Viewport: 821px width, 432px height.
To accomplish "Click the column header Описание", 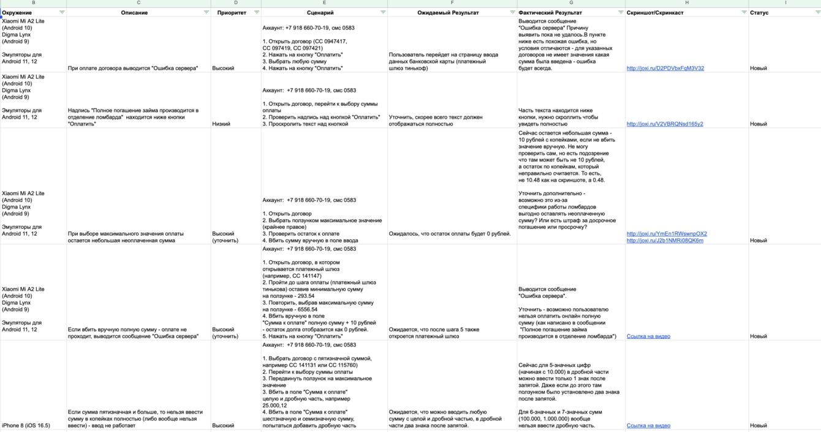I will (134, 12).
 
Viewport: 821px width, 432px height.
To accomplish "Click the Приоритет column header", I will (232, 12).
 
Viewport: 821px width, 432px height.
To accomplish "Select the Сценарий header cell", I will (320, 12).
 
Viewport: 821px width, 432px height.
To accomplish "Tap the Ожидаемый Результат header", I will (448, 12).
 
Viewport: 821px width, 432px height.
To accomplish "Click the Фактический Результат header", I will (550, 12).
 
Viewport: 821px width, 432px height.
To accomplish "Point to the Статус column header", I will (759, 12).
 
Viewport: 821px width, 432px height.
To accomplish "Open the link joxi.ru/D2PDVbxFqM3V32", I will (665, 69).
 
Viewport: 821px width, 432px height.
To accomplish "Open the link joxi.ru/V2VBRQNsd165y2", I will (665, 124).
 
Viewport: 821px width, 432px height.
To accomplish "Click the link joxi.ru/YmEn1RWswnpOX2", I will (667, 234).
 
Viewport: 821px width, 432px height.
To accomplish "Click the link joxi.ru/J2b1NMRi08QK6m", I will (665, 240).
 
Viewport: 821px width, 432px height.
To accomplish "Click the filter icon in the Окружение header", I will (62, 12).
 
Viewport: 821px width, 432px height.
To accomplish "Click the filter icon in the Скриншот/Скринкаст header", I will (744, 12).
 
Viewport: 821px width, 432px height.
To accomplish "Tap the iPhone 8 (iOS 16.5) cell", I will (26, 425).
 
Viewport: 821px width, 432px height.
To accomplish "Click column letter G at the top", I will (571, 3).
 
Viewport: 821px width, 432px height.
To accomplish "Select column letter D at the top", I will (236, 3).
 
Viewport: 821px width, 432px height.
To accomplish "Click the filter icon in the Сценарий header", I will (383, 12).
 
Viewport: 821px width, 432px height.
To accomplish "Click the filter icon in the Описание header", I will (206, 12).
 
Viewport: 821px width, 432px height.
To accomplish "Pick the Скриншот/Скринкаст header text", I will (654, 12).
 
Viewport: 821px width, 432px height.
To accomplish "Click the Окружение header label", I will (17, 12).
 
